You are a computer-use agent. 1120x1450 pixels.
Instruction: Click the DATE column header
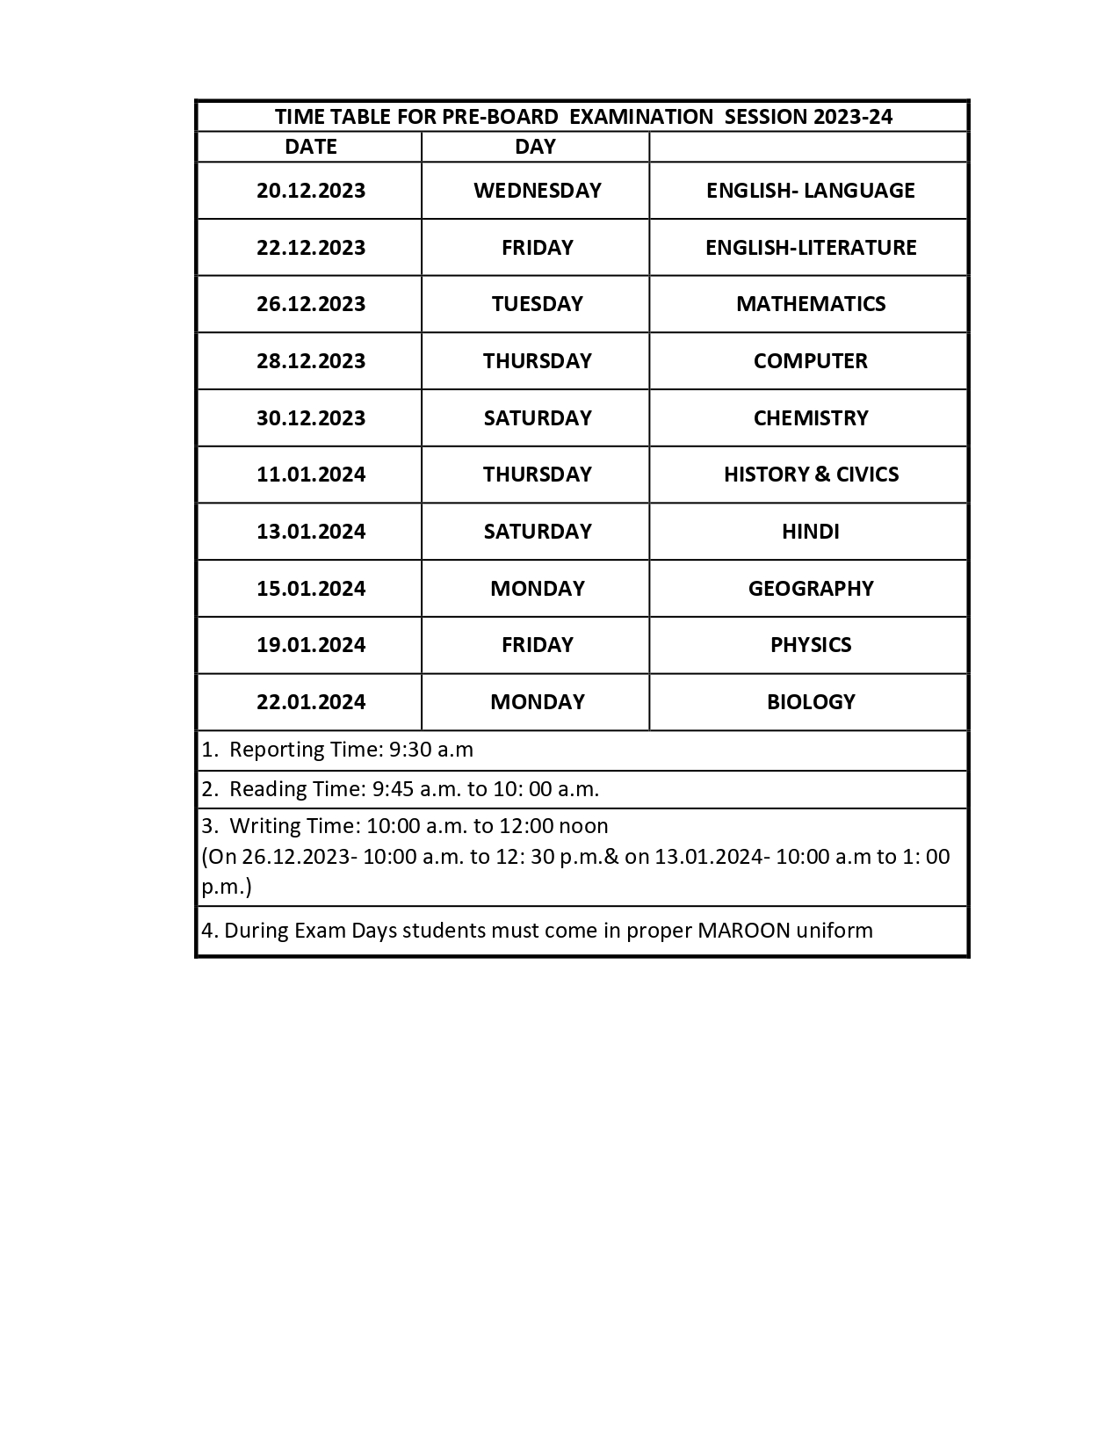[x=310, y=147]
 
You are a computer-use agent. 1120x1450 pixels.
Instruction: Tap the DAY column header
[x=535, y=147]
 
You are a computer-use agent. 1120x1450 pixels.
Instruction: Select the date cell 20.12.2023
[x=311, y=191]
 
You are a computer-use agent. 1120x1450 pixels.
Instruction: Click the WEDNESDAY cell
[x=537, y=191]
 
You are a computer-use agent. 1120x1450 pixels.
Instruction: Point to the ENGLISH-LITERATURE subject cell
[x=810, y=248]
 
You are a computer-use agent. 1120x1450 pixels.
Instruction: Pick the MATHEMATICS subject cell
[x=810, y=304]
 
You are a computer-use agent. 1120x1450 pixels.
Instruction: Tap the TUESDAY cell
[x=537, y=304]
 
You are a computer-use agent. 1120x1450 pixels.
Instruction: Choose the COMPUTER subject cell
[x=810, y=361]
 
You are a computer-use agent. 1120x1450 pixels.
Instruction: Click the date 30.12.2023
[x=311, y=418]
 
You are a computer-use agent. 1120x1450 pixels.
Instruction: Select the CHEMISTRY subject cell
[x=810, y=418]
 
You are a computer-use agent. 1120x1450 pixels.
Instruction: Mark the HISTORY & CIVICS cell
[x=810, y=475]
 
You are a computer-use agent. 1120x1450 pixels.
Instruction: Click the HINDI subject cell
[x=810, y=532]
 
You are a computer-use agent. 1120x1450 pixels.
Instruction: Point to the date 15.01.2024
[x=311, y=589]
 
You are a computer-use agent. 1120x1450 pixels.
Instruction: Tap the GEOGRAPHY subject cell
[x=810, y=589]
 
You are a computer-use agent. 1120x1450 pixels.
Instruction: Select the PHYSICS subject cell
[x=810, y=645]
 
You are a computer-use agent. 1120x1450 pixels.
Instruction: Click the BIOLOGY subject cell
[x=810, y=702]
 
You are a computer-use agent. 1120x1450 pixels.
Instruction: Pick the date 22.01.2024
[x=311, y=702]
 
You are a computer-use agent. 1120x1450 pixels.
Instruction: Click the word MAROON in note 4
[x=743, y=931]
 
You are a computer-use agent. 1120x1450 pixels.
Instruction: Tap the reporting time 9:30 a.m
[x=431, y=750]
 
